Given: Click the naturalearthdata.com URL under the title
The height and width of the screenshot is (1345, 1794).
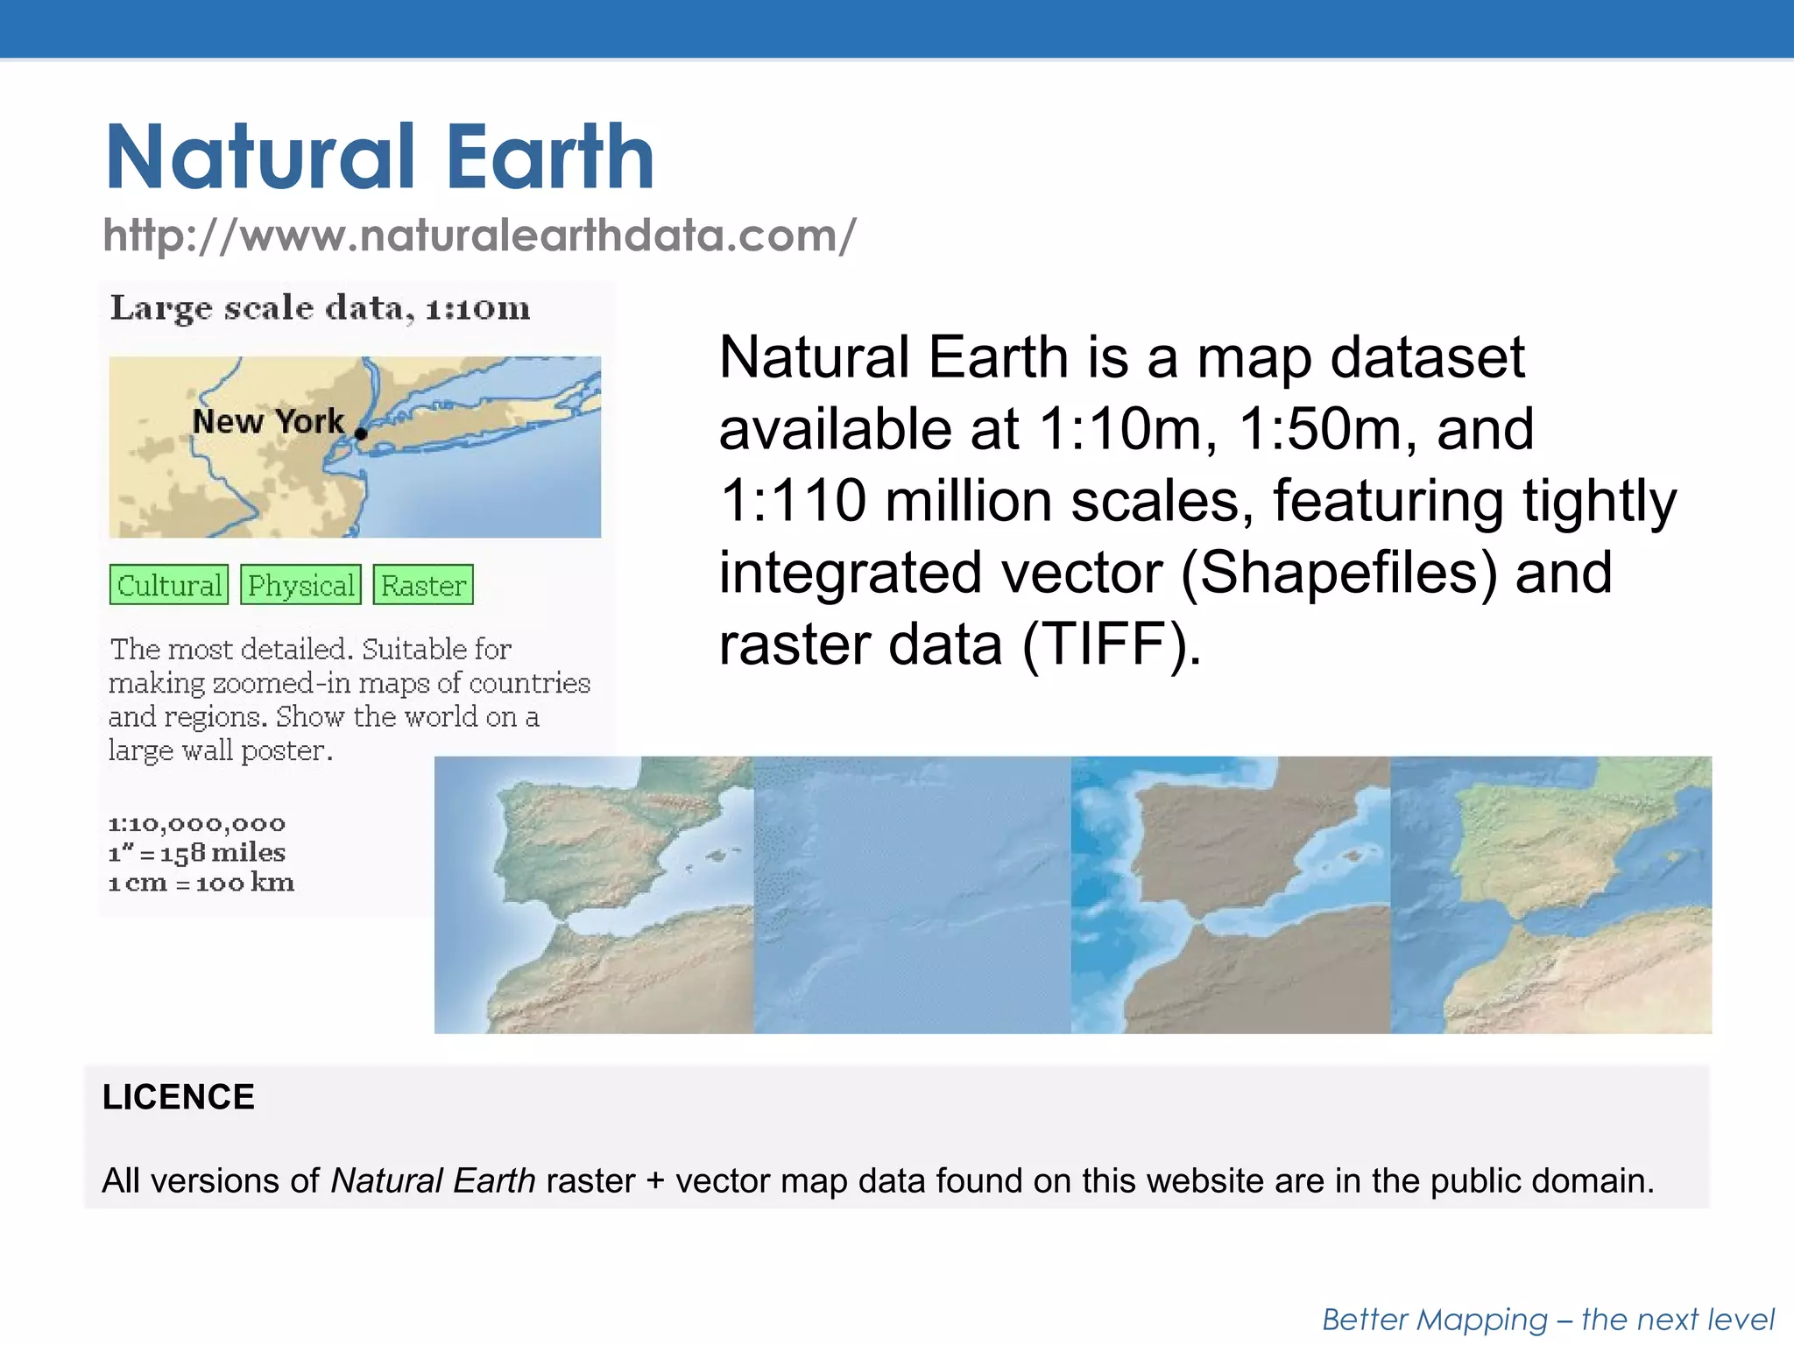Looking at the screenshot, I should point(479,236).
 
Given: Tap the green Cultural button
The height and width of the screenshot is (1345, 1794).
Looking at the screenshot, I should point(169,585).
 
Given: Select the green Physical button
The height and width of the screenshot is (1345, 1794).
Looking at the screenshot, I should point(300,585).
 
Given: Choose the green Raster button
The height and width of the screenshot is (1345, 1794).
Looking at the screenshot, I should point(423,585).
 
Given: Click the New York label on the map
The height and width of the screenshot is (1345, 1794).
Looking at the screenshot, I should point(267,421).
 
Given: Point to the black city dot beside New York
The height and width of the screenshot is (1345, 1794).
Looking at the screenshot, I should point(361,433).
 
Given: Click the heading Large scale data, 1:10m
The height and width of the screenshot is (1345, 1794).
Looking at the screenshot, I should point(320,308).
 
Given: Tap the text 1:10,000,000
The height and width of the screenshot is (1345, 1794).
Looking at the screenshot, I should point(196,824).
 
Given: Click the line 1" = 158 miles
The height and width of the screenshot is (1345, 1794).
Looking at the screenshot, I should point(196,853).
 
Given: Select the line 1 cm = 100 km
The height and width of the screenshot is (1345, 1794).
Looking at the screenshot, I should point(201,883).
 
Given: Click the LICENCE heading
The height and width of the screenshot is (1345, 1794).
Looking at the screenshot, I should point(178,1097).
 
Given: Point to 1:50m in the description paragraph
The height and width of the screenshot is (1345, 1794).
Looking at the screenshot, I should point(1315,429).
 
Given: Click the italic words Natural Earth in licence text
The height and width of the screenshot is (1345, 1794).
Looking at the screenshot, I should point(433,1181).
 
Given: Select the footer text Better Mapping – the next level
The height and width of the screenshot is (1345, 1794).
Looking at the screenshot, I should point(1547,1320).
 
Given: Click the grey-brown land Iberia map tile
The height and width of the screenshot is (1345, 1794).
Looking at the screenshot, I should point(1230,895).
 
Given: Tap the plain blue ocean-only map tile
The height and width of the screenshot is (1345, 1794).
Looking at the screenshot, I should point(911,895).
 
